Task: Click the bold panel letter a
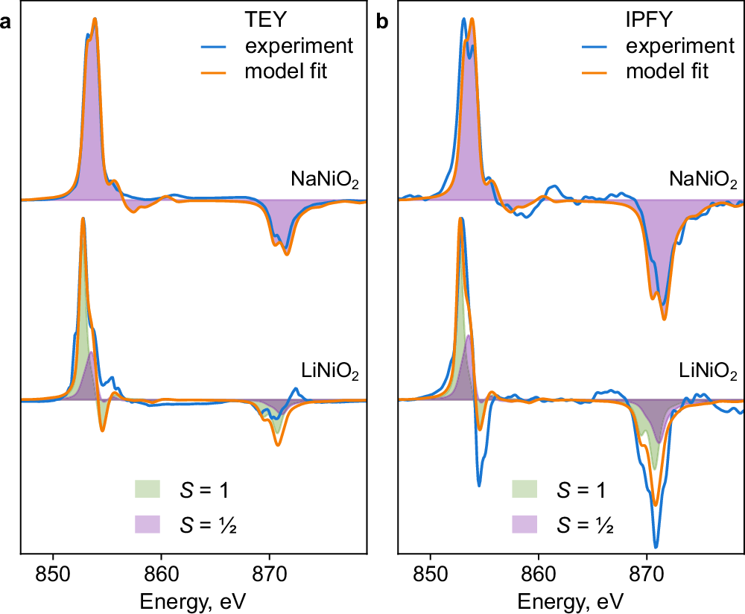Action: tap(6, 23)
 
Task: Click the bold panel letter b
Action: tap(383, 23)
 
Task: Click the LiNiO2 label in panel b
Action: tap(707, 372)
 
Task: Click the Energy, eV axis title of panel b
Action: tap(571, 600)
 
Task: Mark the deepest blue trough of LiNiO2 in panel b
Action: tap(656, 547)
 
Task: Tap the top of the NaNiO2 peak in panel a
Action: tap(95, 19)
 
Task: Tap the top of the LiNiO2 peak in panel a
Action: tap(83, 218)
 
